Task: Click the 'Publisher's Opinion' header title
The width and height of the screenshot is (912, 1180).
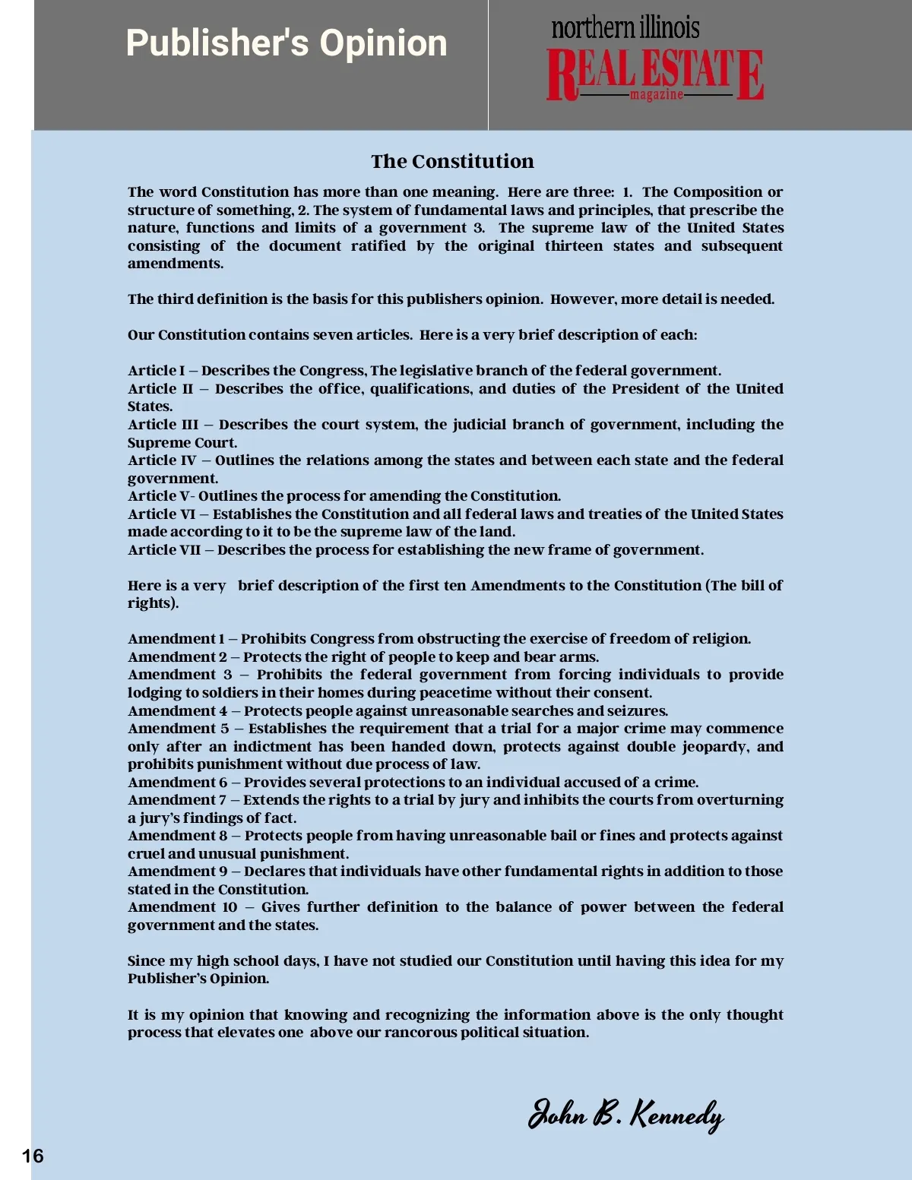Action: [287, 43]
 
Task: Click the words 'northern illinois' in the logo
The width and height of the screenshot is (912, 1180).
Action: [625, 28]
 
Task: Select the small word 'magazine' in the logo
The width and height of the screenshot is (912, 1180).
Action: [656, 95]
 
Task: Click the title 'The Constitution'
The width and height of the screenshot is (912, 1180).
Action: [452, 161]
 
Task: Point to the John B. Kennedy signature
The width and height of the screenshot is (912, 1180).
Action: [625, 1115]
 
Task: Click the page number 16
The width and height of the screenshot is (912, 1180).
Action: [33, 1156]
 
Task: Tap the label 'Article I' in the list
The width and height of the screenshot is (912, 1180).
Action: [156, 371]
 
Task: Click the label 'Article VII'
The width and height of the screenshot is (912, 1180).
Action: [164, 550]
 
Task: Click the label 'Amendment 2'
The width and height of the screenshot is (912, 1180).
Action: [177, 657]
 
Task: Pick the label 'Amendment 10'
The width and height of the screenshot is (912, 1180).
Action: [182, 907]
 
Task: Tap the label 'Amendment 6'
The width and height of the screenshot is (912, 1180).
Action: [177, 783]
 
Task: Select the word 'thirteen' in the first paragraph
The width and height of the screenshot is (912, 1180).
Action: [574, 246]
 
